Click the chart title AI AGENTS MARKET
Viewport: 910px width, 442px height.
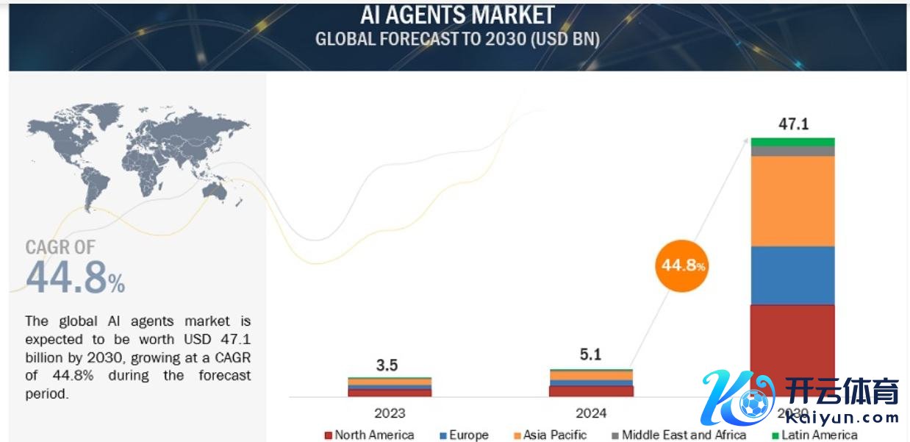(456, 14)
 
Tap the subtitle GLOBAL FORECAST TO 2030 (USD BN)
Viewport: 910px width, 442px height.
(456, 39)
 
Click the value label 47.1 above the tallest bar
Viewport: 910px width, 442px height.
(793, 124)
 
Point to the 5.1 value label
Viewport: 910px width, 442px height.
(590, 355)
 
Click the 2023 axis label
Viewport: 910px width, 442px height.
(390, 413)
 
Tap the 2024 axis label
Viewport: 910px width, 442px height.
(591, 413)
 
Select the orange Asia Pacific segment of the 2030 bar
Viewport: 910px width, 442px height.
(792, 201)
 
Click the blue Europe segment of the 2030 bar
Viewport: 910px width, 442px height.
(792, 275)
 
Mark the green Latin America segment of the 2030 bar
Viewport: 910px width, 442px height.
(792, 142)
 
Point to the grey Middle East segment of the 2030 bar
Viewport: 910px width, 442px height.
(792, 151)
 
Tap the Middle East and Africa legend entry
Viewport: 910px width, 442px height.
(679, 435)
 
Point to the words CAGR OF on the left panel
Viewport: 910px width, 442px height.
(60, 248)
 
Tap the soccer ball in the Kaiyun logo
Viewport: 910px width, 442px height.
(752, 404)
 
